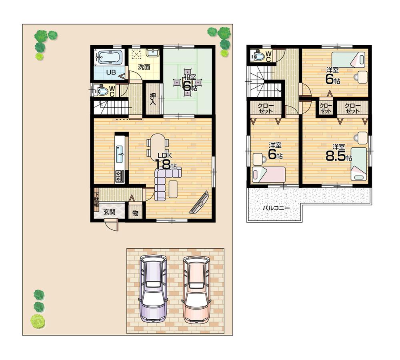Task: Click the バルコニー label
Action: [276, 208]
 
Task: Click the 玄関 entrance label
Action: [109, 212]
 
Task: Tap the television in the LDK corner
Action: [199, 203]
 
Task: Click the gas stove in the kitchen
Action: [120, 176]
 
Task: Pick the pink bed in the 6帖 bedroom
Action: [268, 175]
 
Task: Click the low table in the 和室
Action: [187, 84]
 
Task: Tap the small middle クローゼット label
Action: [326, 108]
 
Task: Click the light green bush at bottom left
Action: [38, 321]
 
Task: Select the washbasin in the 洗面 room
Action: [152, 53]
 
